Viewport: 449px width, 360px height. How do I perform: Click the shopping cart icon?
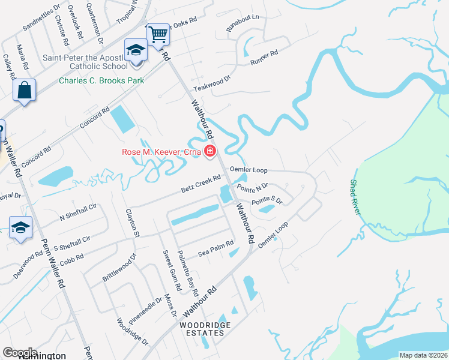158,34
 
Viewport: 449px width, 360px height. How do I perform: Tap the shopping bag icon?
25,91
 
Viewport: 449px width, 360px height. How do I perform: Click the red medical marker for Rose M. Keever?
210,151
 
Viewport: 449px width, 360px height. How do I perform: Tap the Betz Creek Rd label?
201,184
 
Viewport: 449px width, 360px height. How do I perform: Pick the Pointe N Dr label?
252,188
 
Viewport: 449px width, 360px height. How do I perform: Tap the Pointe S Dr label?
267,201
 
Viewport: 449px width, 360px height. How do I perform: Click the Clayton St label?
132,222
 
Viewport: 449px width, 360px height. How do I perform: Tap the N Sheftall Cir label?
77,214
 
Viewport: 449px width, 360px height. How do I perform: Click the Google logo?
20,352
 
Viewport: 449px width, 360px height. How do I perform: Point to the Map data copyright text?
423,355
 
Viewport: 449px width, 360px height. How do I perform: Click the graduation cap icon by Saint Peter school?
136,50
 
